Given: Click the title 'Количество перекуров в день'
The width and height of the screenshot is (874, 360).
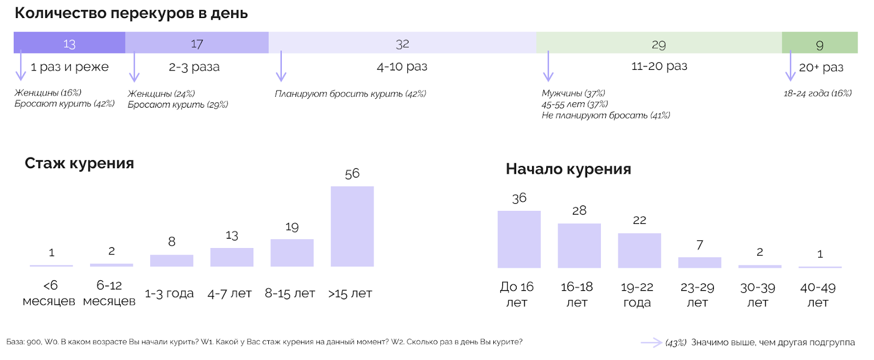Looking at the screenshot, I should (131, 13).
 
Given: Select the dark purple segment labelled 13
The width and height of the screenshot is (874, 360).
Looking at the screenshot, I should (69, 43).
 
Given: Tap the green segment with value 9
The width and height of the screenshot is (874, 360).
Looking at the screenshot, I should (819, 43).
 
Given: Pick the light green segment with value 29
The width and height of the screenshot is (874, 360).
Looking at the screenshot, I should (659, 43).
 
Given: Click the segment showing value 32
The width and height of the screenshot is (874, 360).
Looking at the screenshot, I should (402, 43).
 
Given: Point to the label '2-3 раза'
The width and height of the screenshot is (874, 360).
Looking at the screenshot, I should (194, 67).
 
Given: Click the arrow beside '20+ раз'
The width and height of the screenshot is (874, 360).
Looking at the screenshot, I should (790, 66).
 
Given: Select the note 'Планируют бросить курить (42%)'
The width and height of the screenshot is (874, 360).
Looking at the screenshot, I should (350, 94).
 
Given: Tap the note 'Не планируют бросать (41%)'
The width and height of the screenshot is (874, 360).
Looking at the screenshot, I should (605, 115).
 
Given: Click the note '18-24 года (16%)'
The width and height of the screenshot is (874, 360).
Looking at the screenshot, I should (817, 93).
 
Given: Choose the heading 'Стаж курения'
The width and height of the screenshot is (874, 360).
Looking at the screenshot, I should (79, 163).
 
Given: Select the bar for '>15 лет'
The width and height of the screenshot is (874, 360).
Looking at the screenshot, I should (352, 226).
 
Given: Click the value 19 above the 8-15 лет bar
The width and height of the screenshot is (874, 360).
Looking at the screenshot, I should (292, 227).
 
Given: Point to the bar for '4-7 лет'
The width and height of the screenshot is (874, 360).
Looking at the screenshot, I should (232, 257).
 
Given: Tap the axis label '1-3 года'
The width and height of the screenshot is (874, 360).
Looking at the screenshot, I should (169, 293).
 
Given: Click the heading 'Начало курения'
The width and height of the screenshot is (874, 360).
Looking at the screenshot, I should (568, 169).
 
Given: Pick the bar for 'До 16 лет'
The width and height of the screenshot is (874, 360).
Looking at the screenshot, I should (519, 239).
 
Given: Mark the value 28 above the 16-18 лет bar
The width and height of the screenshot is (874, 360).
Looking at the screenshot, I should (579, 211).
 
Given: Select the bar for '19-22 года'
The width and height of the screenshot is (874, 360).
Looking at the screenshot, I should (639, 251).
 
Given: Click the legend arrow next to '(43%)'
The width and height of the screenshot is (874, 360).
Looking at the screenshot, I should (651, 343).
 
